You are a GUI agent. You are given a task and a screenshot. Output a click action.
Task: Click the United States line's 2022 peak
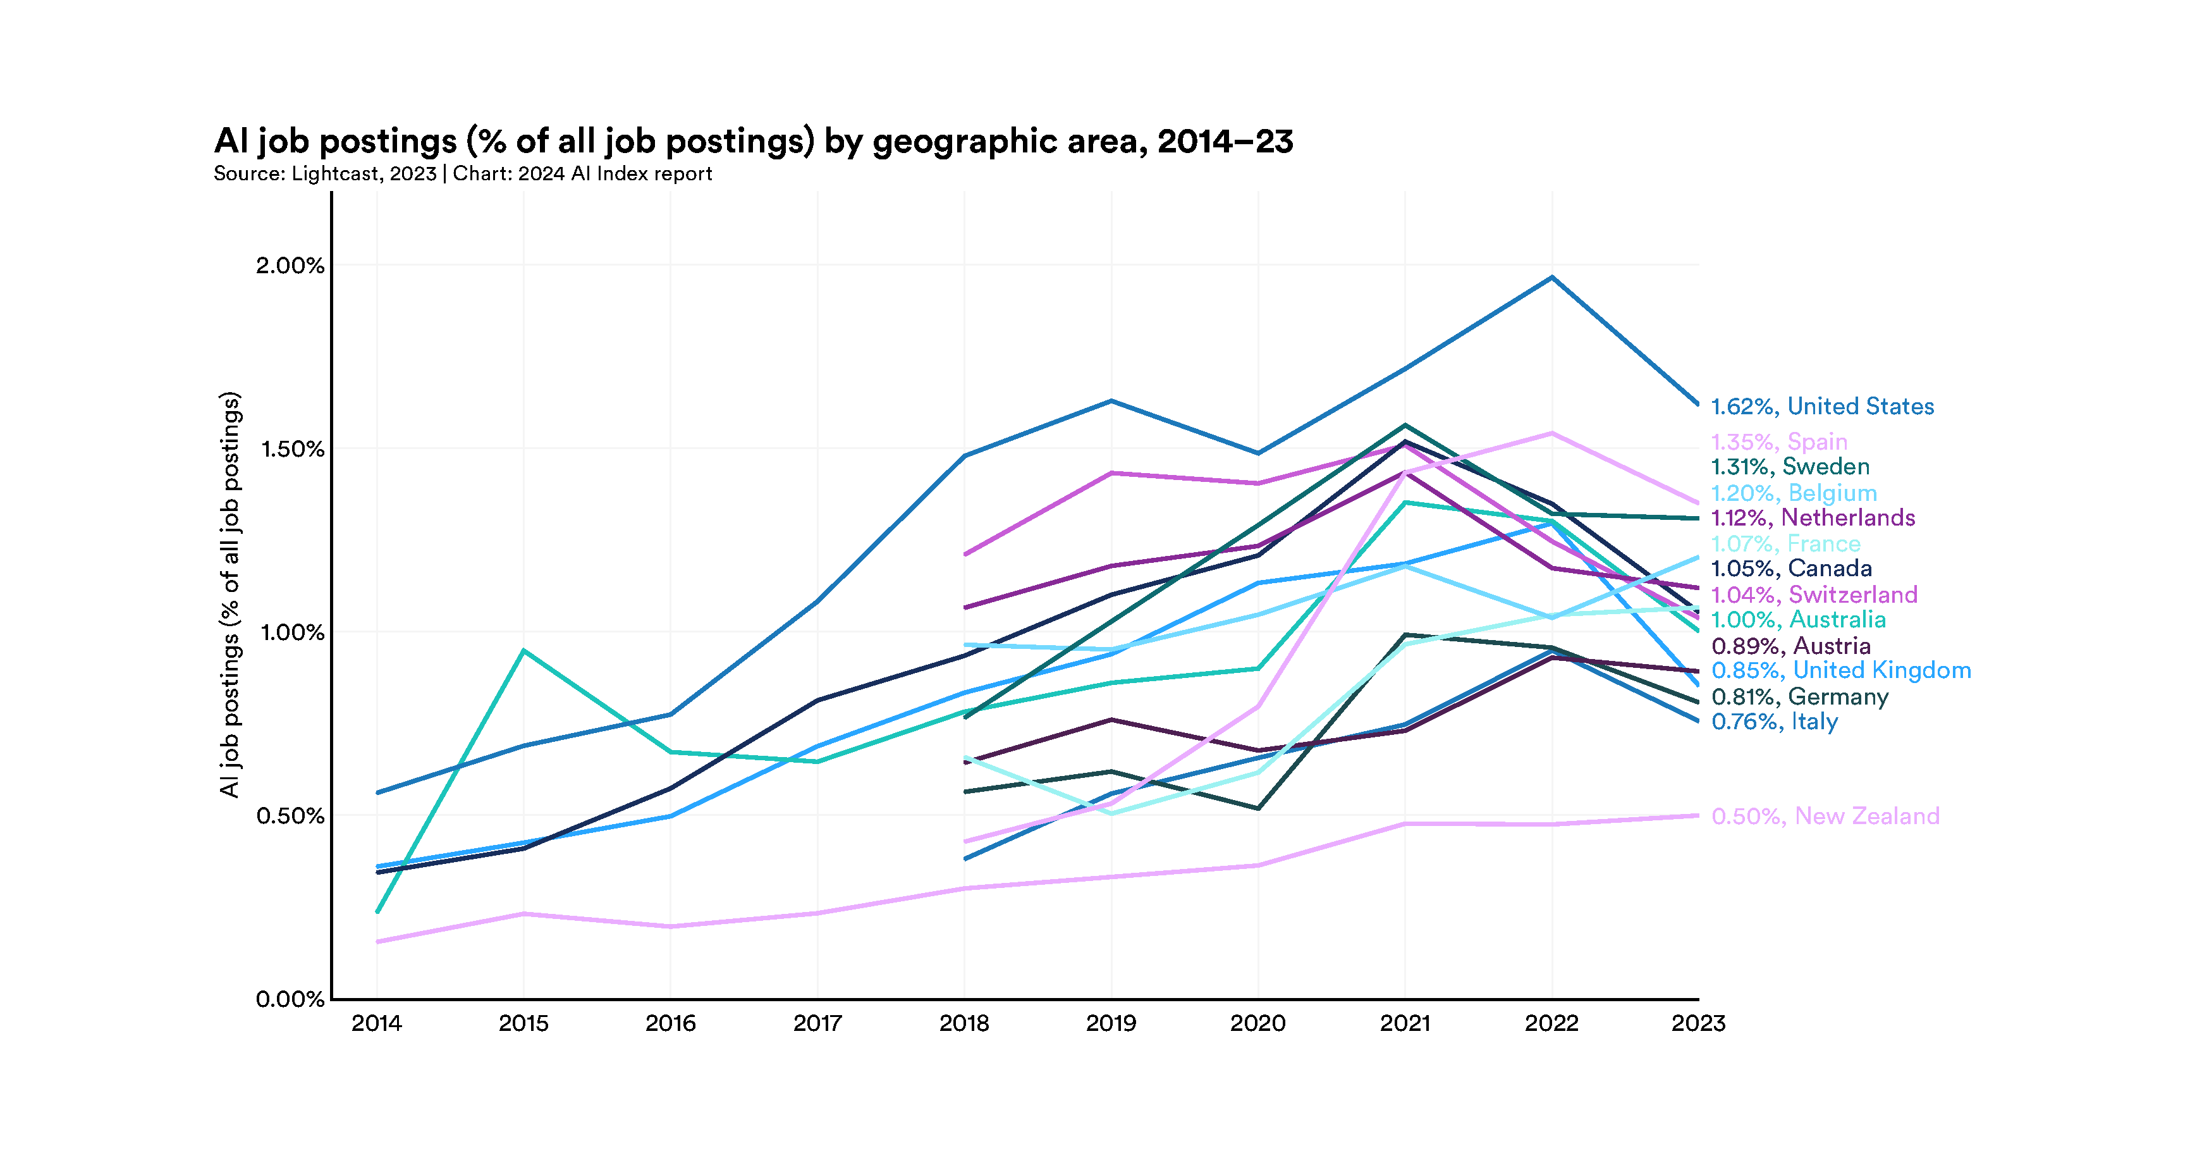(1552, 277)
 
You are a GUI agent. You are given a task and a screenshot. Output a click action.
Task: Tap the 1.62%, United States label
(1822, 407)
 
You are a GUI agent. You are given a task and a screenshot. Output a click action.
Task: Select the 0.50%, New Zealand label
(1825, 817)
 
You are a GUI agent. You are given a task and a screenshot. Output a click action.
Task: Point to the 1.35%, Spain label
(1778, 442)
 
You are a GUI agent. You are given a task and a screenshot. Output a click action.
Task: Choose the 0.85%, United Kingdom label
(1840, 671)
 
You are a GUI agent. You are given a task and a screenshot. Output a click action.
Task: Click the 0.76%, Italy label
(1774, 722)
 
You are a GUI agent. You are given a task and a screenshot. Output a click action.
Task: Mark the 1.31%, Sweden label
(1790, 467)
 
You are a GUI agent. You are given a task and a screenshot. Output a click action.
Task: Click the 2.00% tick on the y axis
(290, 265)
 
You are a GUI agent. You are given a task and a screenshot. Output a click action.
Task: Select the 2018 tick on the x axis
(964, 1023)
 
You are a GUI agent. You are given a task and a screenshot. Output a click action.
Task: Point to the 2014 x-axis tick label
(377, 1023)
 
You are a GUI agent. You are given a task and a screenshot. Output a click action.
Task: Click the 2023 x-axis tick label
(1698, 1023)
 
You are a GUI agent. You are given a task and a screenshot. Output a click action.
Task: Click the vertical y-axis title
(230, 595)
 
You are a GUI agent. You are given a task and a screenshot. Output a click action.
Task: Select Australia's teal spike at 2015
(523, 651)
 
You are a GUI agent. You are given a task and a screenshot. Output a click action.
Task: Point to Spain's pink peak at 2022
(1552, 434)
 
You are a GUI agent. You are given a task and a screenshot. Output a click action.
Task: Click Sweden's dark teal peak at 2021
(1405, 425)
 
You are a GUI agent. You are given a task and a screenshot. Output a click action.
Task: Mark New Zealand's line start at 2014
(377, 941)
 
